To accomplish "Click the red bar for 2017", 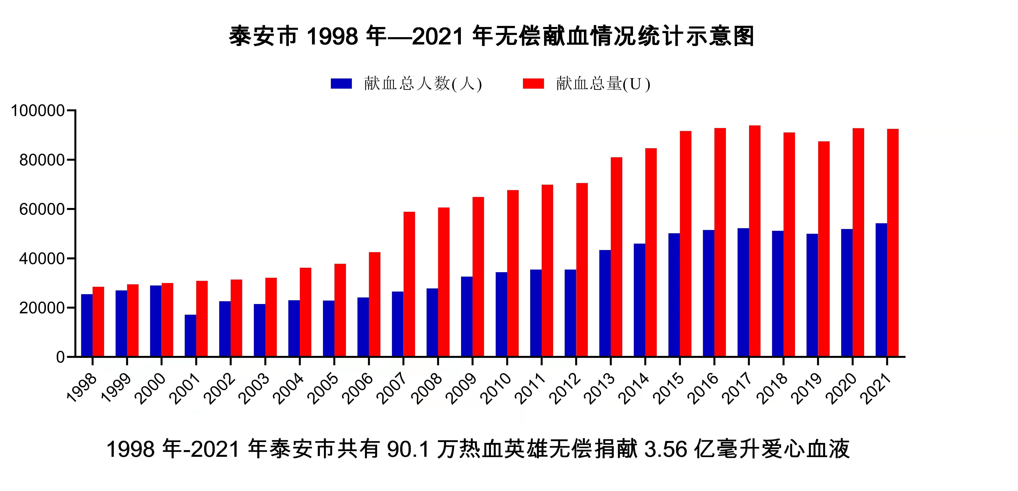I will point(754,241).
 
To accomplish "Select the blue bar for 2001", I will point(190,336).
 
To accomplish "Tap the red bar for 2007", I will point(409,284).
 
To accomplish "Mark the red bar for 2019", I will point(824,249).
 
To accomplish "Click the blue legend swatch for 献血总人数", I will point(341,84).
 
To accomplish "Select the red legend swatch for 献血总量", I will point(533,84).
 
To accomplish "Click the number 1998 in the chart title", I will point(332,36).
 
